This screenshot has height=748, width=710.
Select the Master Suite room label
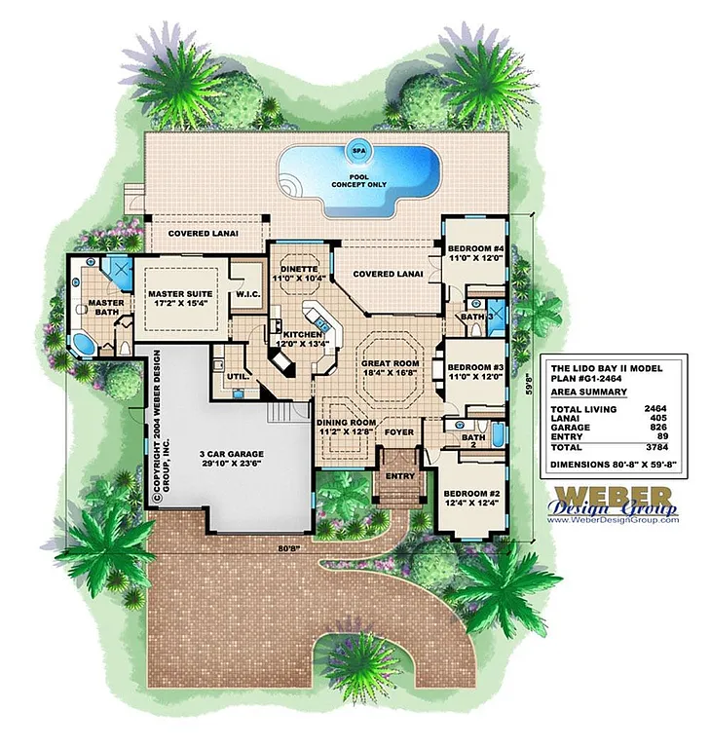(x=180, y=297)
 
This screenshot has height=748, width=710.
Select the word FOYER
(x=399, y=430)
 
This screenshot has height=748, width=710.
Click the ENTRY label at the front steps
(x=399, y=476)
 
